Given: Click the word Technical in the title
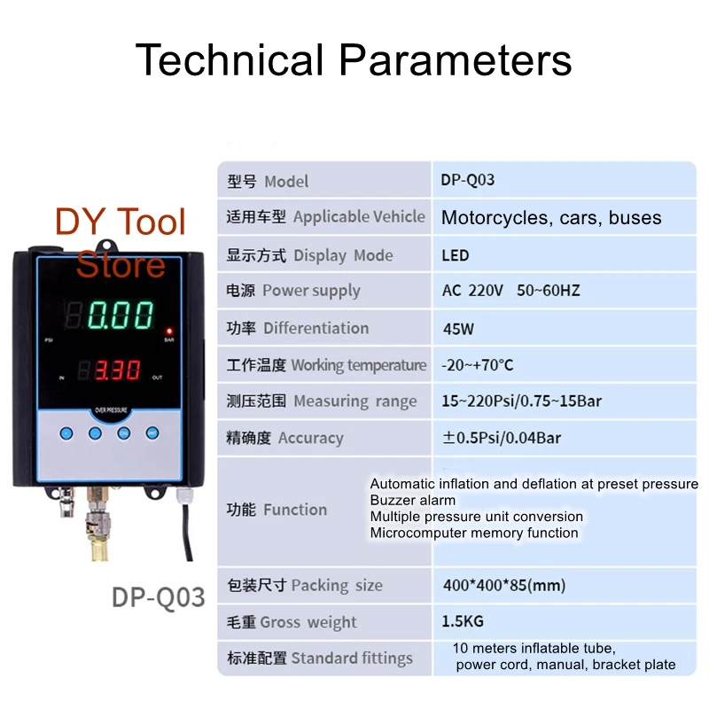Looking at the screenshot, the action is [x=230, y=59].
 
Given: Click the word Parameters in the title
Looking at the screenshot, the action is [x=456, y=59].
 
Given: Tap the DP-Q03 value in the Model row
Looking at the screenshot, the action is [x=468, y=180].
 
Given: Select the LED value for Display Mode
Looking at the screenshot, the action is [x=455, y=255].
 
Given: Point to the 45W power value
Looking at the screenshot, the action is [x=458, y=329].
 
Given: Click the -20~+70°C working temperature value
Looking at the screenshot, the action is [x=478, y=365].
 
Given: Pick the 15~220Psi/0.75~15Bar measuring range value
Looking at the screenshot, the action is [x=521, y=401].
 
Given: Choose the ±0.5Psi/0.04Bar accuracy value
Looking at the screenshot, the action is [x=502, y=438].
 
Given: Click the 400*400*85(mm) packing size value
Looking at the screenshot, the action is [x=504, y=585].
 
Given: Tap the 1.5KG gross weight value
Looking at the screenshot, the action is [x=463, y=621].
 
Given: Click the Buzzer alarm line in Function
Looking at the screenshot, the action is [x=413, y=500].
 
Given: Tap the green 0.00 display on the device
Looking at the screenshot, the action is [x=120, y=315].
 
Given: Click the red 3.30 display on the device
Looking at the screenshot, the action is [x=117, y=370].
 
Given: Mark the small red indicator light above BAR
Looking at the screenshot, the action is [x=169, y=331].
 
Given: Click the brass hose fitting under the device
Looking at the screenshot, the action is [x=98, y=525].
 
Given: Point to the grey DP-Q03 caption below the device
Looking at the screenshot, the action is [x=159, y=596].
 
